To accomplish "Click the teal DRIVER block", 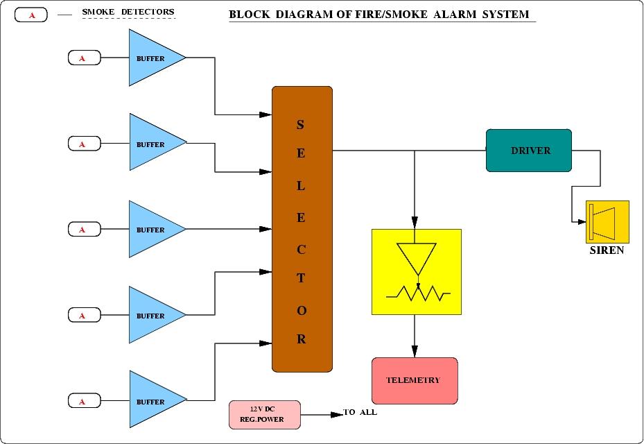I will [529, 151].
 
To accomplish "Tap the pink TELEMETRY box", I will [415, 380].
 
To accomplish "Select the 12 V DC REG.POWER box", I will [264, 414].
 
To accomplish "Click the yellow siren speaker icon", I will [607, 222].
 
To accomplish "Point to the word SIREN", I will [607, 250].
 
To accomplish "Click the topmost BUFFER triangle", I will [153, 58].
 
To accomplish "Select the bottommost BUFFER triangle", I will [153, 402].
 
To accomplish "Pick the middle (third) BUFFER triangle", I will [153, 230].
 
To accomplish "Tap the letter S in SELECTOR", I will [300, 125].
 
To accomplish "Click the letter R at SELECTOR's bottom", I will [302, 339].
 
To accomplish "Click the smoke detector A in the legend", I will [31, 14].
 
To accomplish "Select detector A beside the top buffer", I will [84, 58].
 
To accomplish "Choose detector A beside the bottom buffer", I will [84, 401].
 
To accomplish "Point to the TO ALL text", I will [361, 413].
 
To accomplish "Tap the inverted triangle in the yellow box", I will [416, 257].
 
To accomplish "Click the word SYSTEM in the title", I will [506, 14].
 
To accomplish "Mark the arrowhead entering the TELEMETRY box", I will [415, 352].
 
